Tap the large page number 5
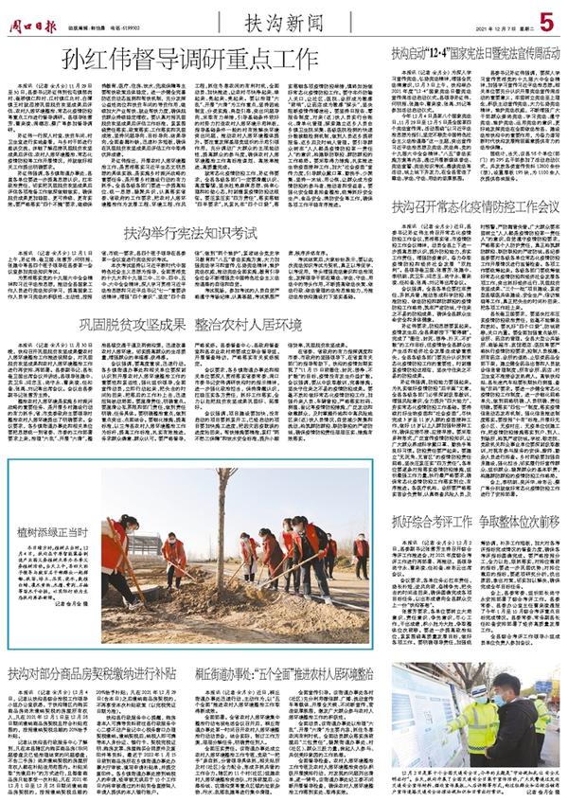pos(546,19)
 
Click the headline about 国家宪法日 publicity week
pos(476,56)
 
